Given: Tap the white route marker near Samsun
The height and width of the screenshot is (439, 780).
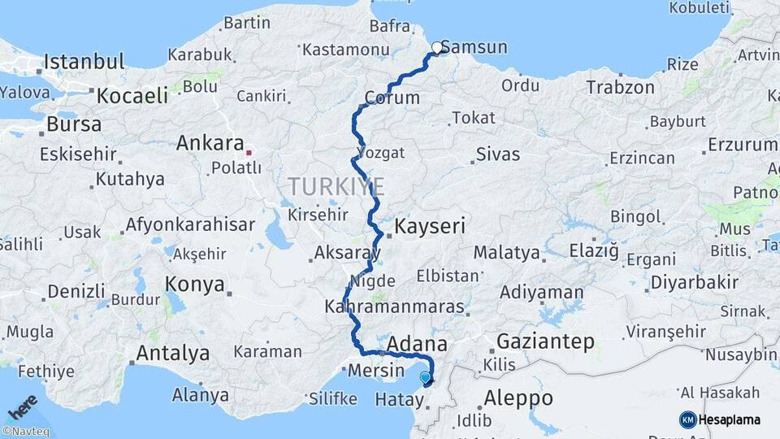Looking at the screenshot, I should click(x=437, y=48).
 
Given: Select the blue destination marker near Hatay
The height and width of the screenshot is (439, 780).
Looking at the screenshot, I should click(x=425, y=377).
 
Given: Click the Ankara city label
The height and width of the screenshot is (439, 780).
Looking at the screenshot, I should click(x=210, y=144).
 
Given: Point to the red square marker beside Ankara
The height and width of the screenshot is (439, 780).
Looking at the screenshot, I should click(x=249, y=151).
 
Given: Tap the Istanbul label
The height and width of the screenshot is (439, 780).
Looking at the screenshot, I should click(x=84, y=61).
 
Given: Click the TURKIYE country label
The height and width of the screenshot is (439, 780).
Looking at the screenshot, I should click(x=336, y=188).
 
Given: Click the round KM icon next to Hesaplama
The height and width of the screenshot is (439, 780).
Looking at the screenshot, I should click(x=687, y=419).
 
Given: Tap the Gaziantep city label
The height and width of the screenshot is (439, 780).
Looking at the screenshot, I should click(x=545, y=341).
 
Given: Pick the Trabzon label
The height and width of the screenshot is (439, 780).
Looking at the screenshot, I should click(x=620, y=87).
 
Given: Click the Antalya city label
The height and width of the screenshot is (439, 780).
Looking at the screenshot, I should click(x=173, y=354).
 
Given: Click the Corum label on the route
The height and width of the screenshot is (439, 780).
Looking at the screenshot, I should click(x=392, y=98).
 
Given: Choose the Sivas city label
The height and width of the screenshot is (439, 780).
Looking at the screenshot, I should click(x=498, y=154).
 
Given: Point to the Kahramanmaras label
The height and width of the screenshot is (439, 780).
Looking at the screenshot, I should click(x=394, y=308).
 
